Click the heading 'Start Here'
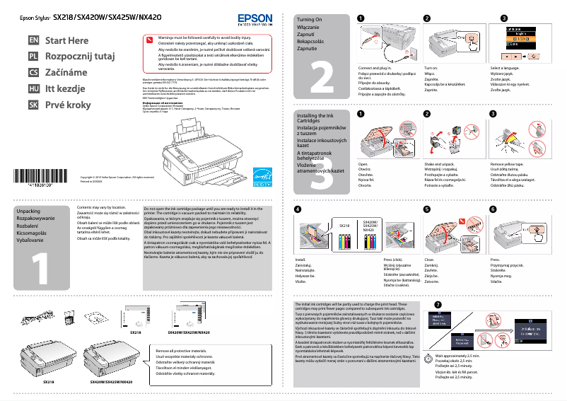click(x=67, y=40)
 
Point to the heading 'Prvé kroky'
click(x=69, y=105)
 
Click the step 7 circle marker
click(x=438, y=304)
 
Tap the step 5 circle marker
click(x=426, y=209)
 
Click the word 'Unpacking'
click(x=28, y=211)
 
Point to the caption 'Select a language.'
click(x=505, y=68)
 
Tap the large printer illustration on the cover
click(x=206, y=156)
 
